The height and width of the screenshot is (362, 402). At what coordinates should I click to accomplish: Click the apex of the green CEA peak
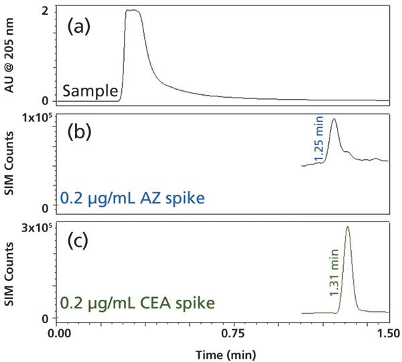[347, 227]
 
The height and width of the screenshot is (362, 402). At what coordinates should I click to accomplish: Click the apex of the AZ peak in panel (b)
[334, 119]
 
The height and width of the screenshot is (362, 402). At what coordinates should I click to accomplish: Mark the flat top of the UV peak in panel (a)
[133, 11]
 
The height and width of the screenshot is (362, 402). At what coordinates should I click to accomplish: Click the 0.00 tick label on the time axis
[60, 332]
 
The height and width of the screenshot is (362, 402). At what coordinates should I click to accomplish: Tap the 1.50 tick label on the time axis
[389, 332]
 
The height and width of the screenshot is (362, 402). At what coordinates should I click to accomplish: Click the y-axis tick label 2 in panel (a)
[44, 11]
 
